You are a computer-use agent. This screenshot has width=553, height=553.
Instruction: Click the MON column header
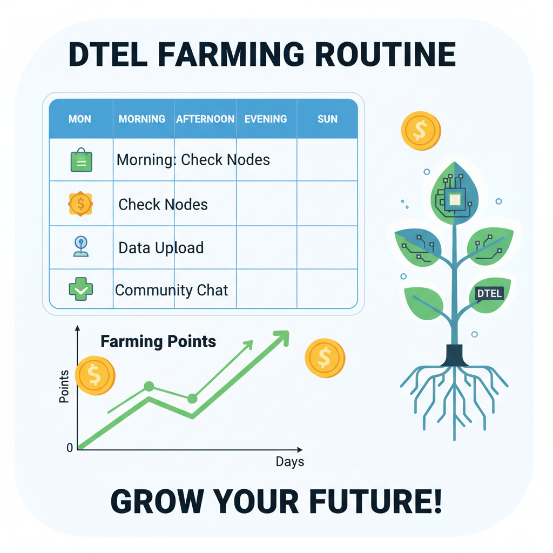click(x=80, y=119)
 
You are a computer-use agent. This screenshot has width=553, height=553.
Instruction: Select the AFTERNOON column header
click(x=205, y=119)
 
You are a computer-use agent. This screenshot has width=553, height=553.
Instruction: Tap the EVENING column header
click(x=266, y=119)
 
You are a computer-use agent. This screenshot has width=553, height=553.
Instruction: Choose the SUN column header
click(x=327, y=119)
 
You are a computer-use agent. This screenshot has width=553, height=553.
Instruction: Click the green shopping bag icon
click(x=81, y=160)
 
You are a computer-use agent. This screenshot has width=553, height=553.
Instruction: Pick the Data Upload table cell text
click(x=161, y=248)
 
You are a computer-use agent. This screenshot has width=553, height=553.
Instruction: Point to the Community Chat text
click(x=172, y=290)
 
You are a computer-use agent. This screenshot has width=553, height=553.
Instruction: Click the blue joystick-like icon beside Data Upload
click(x=81, y=247)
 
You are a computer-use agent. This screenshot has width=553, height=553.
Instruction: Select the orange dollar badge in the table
click(x=81, y=204)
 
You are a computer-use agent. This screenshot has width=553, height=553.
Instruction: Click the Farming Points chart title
click(x=158, y=341)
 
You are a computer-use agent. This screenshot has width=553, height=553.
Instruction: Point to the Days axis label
click(x=290, y=462)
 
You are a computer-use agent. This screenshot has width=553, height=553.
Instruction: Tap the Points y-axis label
click(x=64, y=387)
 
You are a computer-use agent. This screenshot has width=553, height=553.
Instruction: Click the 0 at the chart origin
click(x=69, y=448)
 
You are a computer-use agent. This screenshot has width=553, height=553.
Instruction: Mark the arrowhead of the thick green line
click(x=281, y=338)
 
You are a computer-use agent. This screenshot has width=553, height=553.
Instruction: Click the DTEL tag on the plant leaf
click(x=490, y=294)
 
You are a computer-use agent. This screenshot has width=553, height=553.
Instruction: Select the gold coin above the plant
click(x=421, y=130)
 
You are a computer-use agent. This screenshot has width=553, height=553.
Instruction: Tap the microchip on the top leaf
click(x=454, y=200)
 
